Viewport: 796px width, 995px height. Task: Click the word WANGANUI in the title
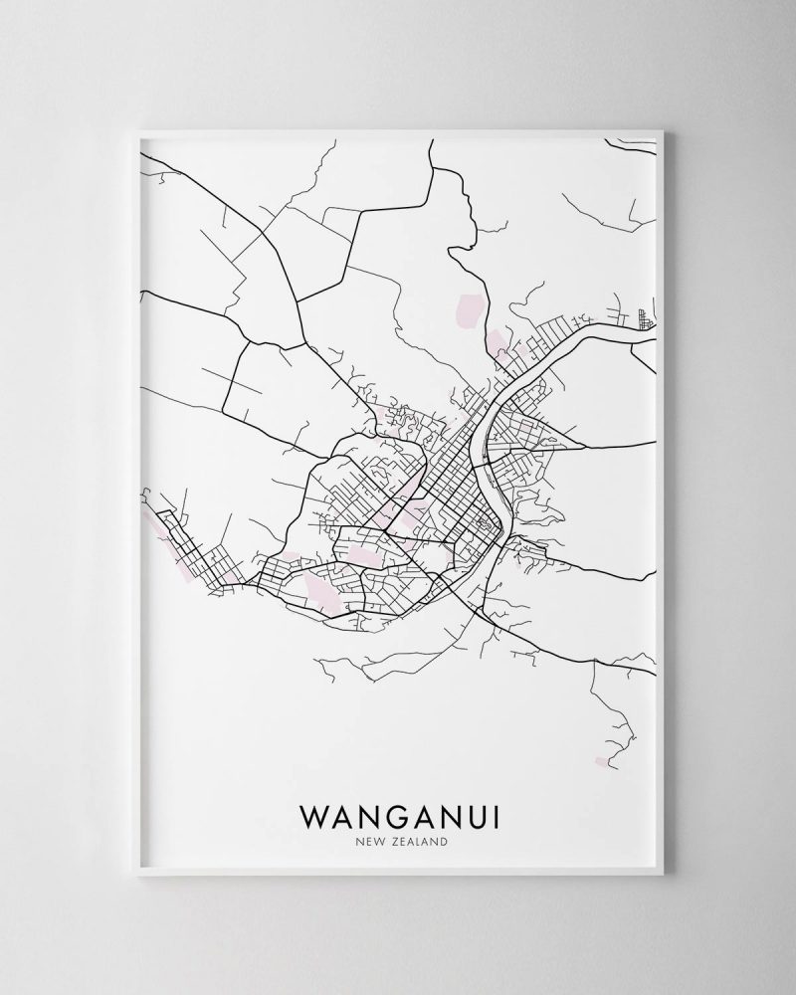click(398, 816)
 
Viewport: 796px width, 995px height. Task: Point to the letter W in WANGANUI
click(310, 816)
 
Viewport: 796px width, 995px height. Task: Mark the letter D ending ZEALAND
click(441, 842)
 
